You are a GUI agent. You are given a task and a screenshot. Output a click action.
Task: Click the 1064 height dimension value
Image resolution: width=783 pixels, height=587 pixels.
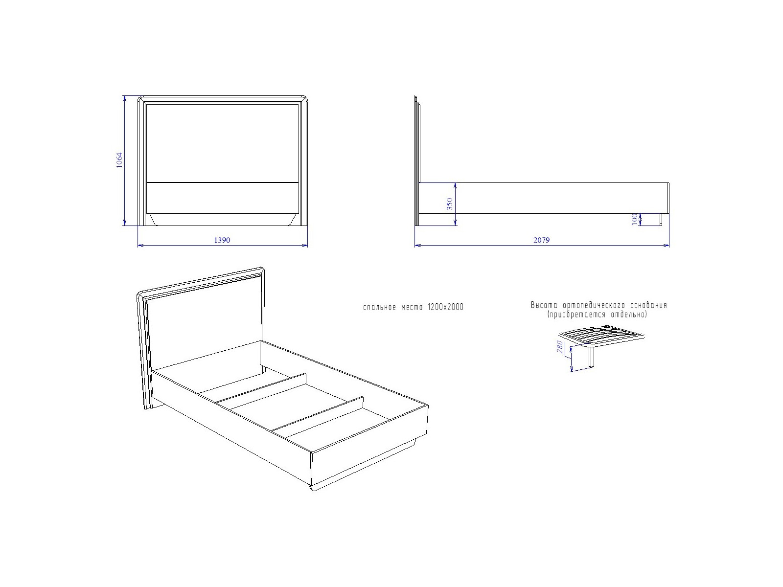coord(119,160)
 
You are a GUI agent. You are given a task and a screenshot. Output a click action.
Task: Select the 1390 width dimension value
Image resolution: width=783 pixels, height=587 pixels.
coord(222,240)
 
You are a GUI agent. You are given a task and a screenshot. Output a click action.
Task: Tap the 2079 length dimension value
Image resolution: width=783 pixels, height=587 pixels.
coord(541,240)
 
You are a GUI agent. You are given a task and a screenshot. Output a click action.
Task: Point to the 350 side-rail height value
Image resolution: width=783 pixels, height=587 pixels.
coord(449,204)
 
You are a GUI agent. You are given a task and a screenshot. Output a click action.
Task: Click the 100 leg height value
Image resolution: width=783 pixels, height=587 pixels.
coord(634,219)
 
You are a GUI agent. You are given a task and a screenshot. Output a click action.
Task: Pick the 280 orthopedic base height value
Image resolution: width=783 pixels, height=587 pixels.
coord(560,347)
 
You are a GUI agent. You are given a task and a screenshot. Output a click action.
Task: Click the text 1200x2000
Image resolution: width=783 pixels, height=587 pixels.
coord(445,307)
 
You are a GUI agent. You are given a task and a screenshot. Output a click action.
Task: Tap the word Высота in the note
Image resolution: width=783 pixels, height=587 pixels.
coord(544,305)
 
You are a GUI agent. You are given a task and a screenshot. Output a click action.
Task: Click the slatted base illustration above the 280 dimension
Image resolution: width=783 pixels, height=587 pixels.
coord(602,336)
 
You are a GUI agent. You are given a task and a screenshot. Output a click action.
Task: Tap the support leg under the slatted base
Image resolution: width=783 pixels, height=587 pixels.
coord(592,357)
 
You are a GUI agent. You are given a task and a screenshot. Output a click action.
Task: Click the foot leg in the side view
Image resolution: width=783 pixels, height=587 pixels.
coord(661,220)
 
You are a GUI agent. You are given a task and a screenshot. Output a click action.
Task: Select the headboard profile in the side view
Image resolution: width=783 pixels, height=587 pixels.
coord(417,160)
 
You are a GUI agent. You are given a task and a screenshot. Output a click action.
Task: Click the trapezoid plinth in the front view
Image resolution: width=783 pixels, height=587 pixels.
coord(222,220)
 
